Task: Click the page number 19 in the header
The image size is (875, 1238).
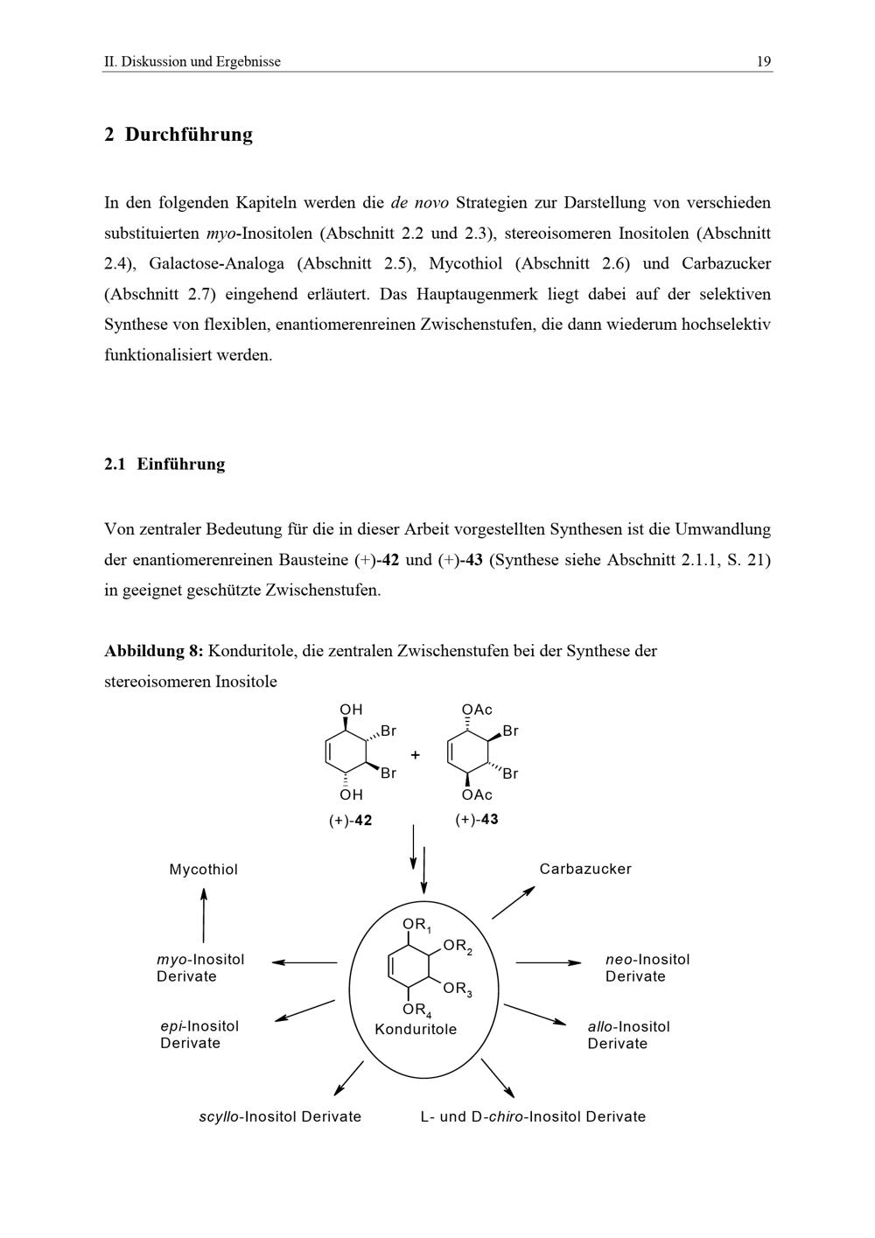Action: coord(764,61)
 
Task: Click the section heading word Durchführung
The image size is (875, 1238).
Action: coord(188,135)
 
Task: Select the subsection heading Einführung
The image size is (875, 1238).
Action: coord(180,464)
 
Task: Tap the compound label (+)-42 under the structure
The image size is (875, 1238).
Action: coord(350,821)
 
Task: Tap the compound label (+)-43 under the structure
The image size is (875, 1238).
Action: coord(477,820)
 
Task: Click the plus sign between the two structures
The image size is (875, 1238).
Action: coord(415,754)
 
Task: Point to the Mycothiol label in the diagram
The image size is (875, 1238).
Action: coord(203,870)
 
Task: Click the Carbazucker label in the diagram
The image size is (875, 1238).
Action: coord(585,869)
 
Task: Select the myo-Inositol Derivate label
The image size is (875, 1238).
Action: coord(200,968)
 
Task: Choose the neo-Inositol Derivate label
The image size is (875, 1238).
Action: coord(647,968)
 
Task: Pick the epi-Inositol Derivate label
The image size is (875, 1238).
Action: coord(199,1034)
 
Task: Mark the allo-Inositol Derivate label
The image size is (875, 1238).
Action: coord(629,1035)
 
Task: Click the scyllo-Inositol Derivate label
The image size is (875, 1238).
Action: coord(280,1116)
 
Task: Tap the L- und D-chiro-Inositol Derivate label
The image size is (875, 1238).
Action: coord(533,1116)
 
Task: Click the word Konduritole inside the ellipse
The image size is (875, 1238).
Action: coord(416,1030)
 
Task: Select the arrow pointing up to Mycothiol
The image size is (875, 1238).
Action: coord(204,915)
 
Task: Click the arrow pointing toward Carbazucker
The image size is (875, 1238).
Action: coord(514,902)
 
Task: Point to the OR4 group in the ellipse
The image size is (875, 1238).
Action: coord(417,1011)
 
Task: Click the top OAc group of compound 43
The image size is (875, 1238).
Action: coord(477,710)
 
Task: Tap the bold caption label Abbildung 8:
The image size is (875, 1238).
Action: coord(153,651)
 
